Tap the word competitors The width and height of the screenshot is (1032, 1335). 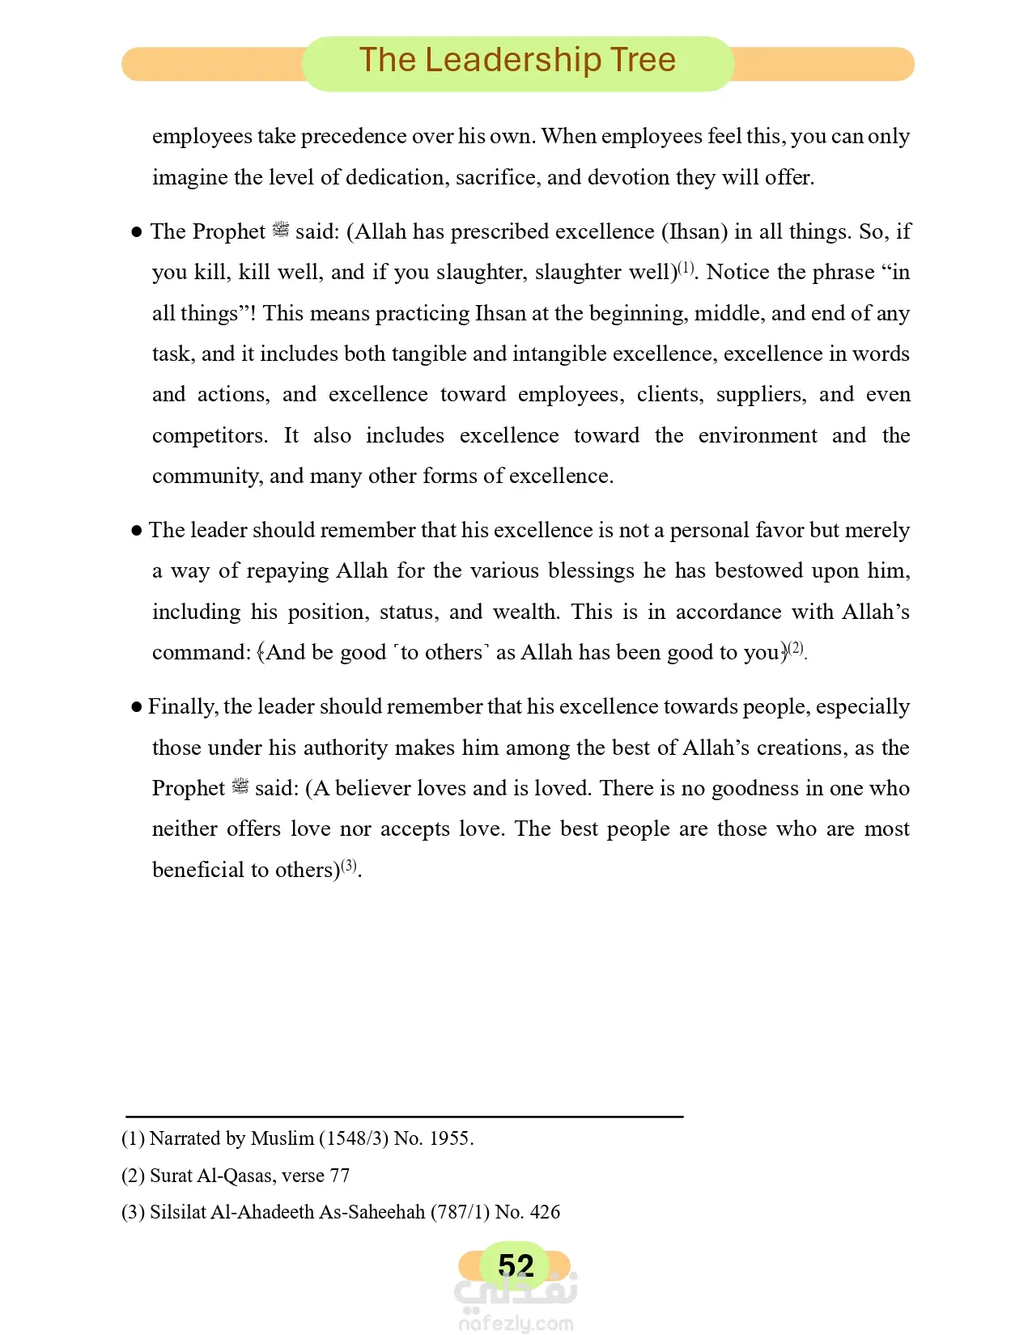click(209, 436)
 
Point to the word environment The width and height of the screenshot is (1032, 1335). click(758, 436)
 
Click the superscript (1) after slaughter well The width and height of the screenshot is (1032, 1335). click(686, 267)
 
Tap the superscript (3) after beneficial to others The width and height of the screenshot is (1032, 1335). click(349, 865)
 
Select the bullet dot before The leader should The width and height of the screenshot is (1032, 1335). click(137, 531)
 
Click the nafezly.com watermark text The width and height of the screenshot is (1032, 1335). click(516, 1324)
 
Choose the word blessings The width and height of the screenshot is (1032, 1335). click(591, 571)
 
